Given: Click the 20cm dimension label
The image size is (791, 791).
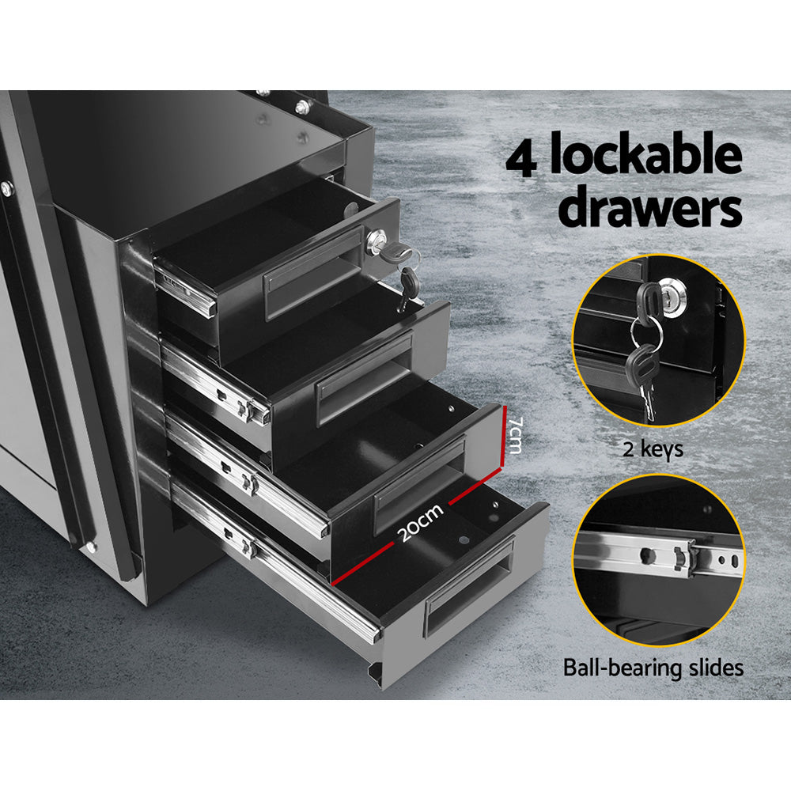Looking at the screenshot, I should (420, 523).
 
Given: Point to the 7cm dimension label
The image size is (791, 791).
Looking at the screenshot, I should (515, 437).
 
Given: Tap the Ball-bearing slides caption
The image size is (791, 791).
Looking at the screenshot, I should (653, 668).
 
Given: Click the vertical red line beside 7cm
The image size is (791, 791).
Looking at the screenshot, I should (503, 437).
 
